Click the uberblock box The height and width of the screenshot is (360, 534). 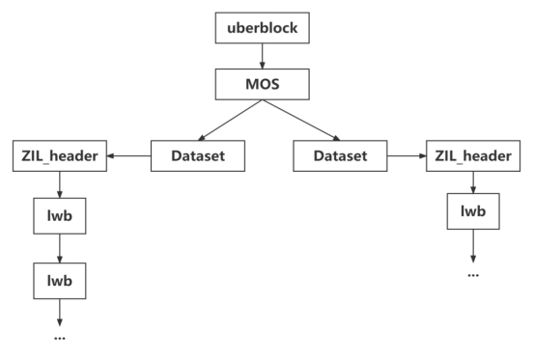coord(263,29)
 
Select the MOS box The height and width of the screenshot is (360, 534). coord(263,85)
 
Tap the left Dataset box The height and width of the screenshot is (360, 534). coord(197,155)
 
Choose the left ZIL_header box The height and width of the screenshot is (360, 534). coord(60,155)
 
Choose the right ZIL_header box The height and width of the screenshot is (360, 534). coord(473,155)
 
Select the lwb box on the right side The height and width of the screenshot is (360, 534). coord(473,211)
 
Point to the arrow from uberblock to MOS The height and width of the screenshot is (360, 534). coord(263,57)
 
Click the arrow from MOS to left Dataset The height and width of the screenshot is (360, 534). coord(228,120)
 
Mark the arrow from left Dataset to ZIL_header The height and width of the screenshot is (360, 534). coord(128,155)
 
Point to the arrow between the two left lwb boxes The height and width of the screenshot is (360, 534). coord(60,250)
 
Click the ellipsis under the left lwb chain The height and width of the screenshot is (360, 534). coord(60,340)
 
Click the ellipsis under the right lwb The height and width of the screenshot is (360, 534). coord(473,275)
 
